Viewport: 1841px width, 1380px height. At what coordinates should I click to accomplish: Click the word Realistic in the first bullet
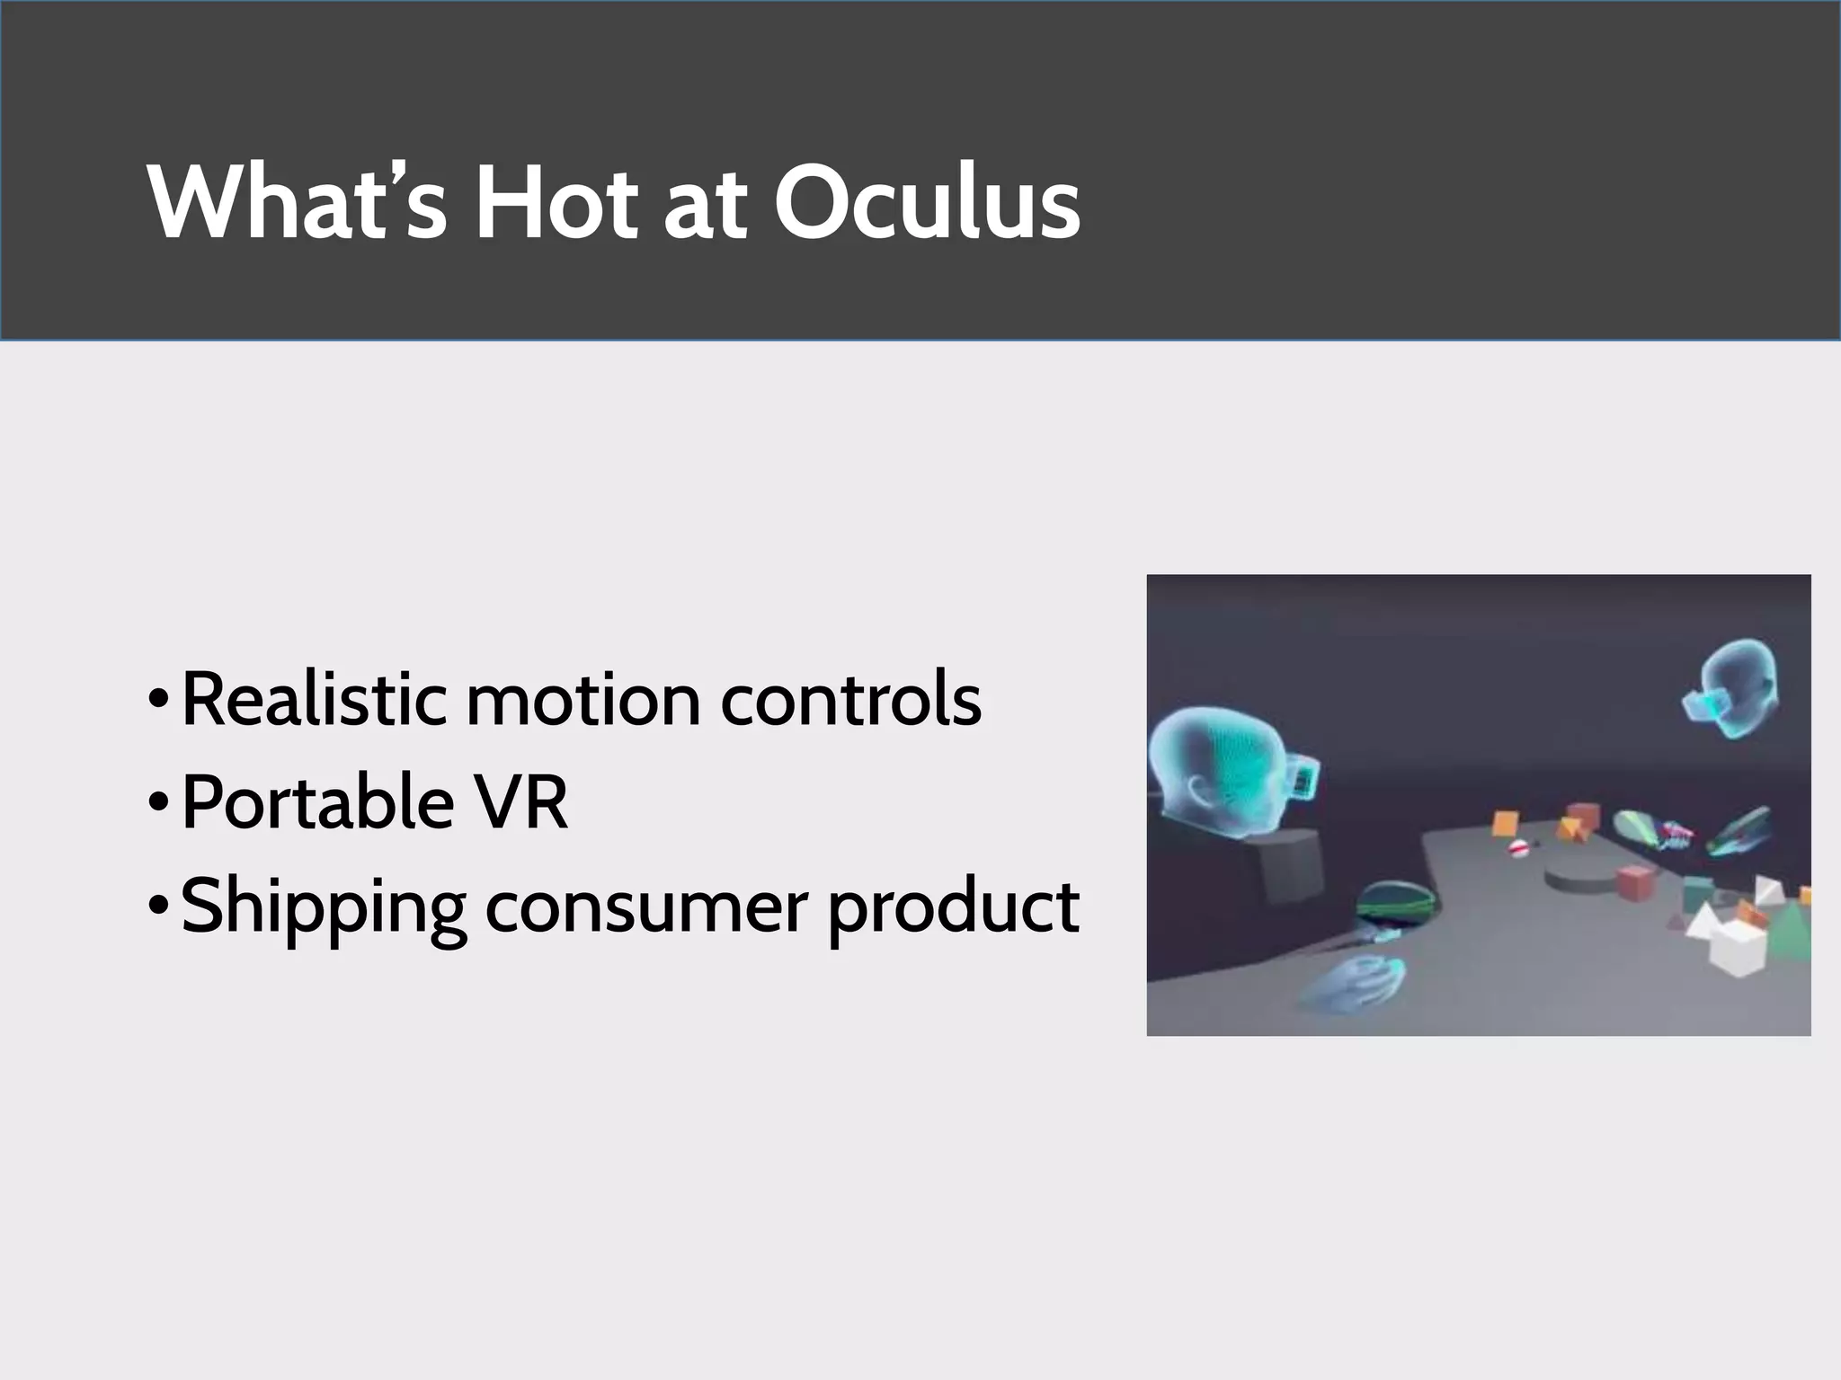coord(314,700)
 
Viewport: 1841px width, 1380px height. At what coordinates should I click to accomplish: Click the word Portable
coord(317,802)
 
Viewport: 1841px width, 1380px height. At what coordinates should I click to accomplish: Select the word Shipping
coord(323,907)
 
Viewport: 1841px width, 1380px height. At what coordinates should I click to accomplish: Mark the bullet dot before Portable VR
coord(158,800)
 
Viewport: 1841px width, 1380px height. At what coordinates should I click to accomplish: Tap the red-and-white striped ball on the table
coord(1517,847)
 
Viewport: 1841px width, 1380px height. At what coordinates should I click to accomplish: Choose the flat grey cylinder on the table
coord(1582,878)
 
